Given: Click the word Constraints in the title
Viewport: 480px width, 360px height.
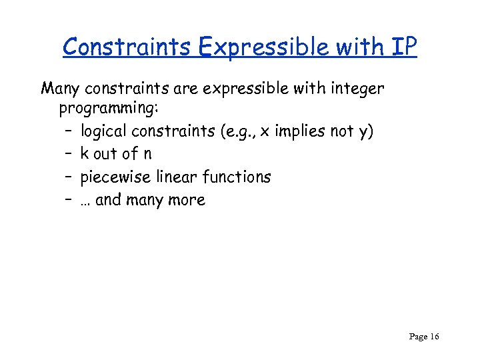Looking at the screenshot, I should point(116,47).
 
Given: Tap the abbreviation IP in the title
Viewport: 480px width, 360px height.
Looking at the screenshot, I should point(404,47).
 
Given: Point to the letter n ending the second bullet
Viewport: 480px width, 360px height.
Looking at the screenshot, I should point(147,154).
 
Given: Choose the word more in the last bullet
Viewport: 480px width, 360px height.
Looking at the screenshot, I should point(187,200).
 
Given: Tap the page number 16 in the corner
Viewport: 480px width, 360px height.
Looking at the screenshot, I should point(434,337).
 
